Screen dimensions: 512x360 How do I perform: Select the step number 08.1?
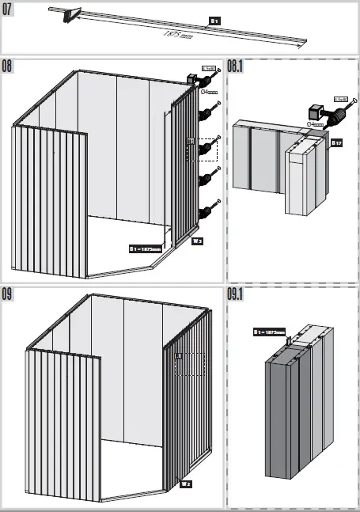[x=235, y=65]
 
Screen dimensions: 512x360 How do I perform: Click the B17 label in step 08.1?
[x=335, y=143]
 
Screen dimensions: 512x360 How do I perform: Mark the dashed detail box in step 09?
[x=189, y=365]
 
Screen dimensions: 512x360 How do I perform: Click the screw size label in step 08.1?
[x=342, y=99]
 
